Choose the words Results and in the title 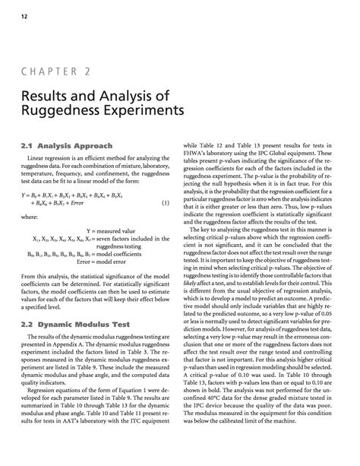pyautogui.click(x=54, y=97)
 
